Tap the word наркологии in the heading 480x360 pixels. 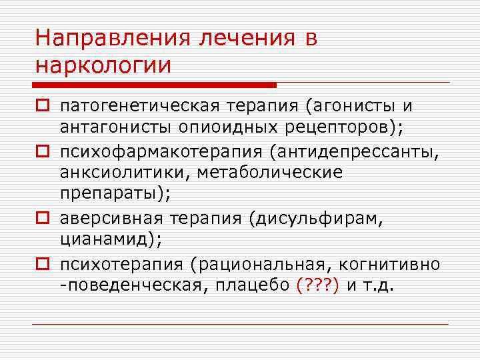[x=103, y=65]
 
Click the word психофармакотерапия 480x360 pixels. [x=162, y=153]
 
